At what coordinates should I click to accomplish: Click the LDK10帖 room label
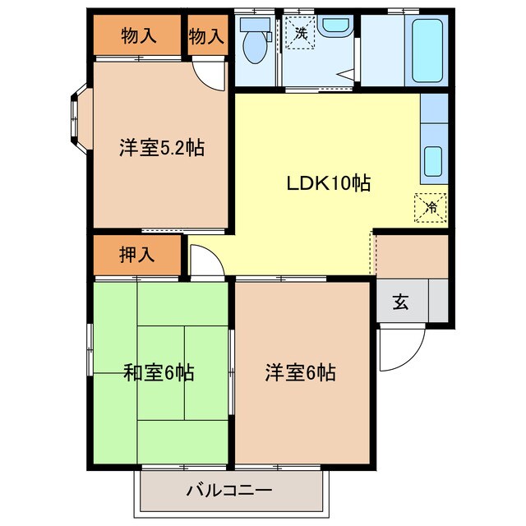(328, 184)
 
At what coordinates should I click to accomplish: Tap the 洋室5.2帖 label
(161, 149)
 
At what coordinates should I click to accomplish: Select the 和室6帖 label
(159, 373)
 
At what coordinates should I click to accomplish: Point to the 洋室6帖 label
(300, 373)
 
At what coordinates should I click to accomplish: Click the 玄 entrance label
(400, 302)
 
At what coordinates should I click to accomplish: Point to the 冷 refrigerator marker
(431, 207)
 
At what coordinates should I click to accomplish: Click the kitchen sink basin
(433, 159)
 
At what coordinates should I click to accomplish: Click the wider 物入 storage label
(137, 35)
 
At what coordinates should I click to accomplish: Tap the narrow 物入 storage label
(206, 35)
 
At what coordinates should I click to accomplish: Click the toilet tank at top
(254, 25)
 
